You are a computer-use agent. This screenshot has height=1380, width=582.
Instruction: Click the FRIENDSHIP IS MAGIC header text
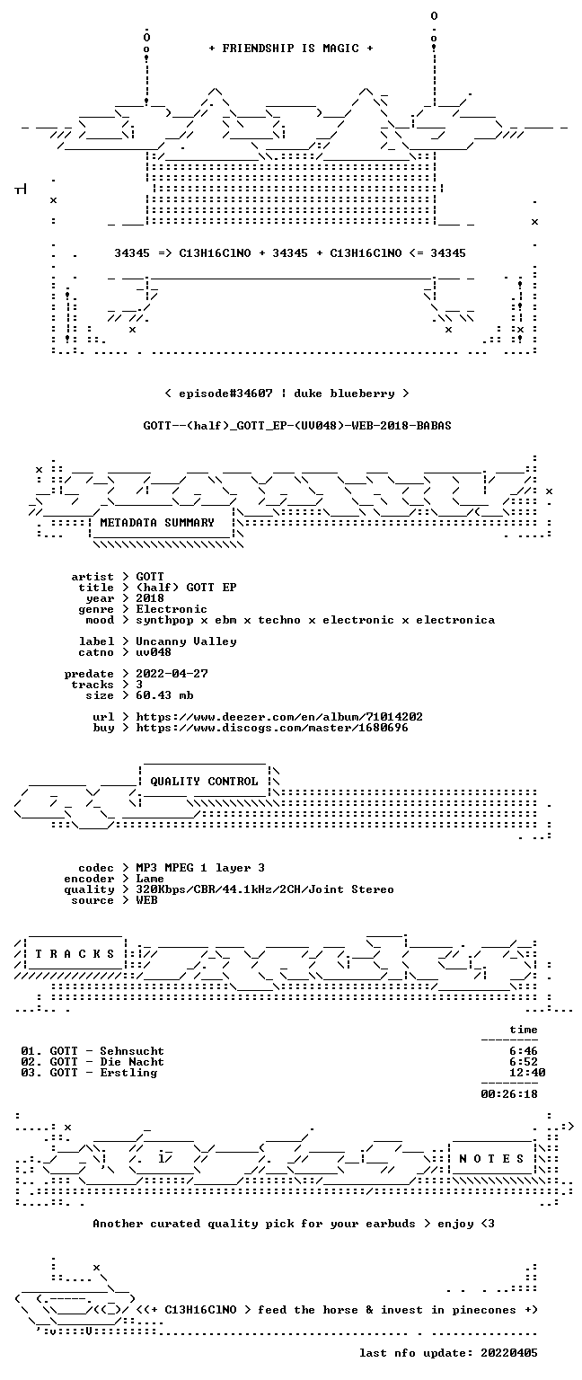(x=291, y=48)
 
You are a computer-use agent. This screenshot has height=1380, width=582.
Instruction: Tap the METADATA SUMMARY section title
(x=157, y=522)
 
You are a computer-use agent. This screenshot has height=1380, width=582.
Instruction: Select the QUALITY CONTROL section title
(x=204, y=781)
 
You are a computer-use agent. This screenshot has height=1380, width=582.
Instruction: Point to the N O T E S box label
(x=491, y=1158)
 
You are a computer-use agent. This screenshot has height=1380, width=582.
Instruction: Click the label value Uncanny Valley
(x=186, y=641)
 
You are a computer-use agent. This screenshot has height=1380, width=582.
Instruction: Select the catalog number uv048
(x=154, y=651)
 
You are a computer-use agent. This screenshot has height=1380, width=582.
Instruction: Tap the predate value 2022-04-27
(x=172, y=673)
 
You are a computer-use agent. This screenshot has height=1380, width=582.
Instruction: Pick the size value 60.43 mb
(x=164, y=694)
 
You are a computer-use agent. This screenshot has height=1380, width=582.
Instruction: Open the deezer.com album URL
(x=279, y=716)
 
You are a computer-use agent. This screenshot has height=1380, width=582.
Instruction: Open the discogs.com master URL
(x=271, y=728)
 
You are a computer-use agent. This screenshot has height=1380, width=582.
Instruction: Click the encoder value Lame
(x=150, y=879)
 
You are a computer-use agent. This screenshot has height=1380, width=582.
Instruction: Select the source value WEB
(x=146, y=900)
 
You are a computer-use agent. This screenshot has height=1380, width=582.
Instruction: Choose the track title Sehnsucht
(x=132, y=1051)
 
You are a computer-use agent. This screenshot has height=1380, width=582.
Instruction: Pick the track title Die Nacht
(x=132, y=1061)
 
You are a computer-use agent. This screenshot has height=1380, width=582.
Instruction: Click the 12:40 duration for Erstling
(x=527, y=1073)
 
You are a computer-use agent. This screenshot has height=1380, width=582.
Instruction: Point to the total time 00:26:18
(x=509, y=1094)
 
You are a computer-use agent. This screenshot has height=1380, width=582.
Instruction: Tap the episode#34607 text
(x=225, y=393)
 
